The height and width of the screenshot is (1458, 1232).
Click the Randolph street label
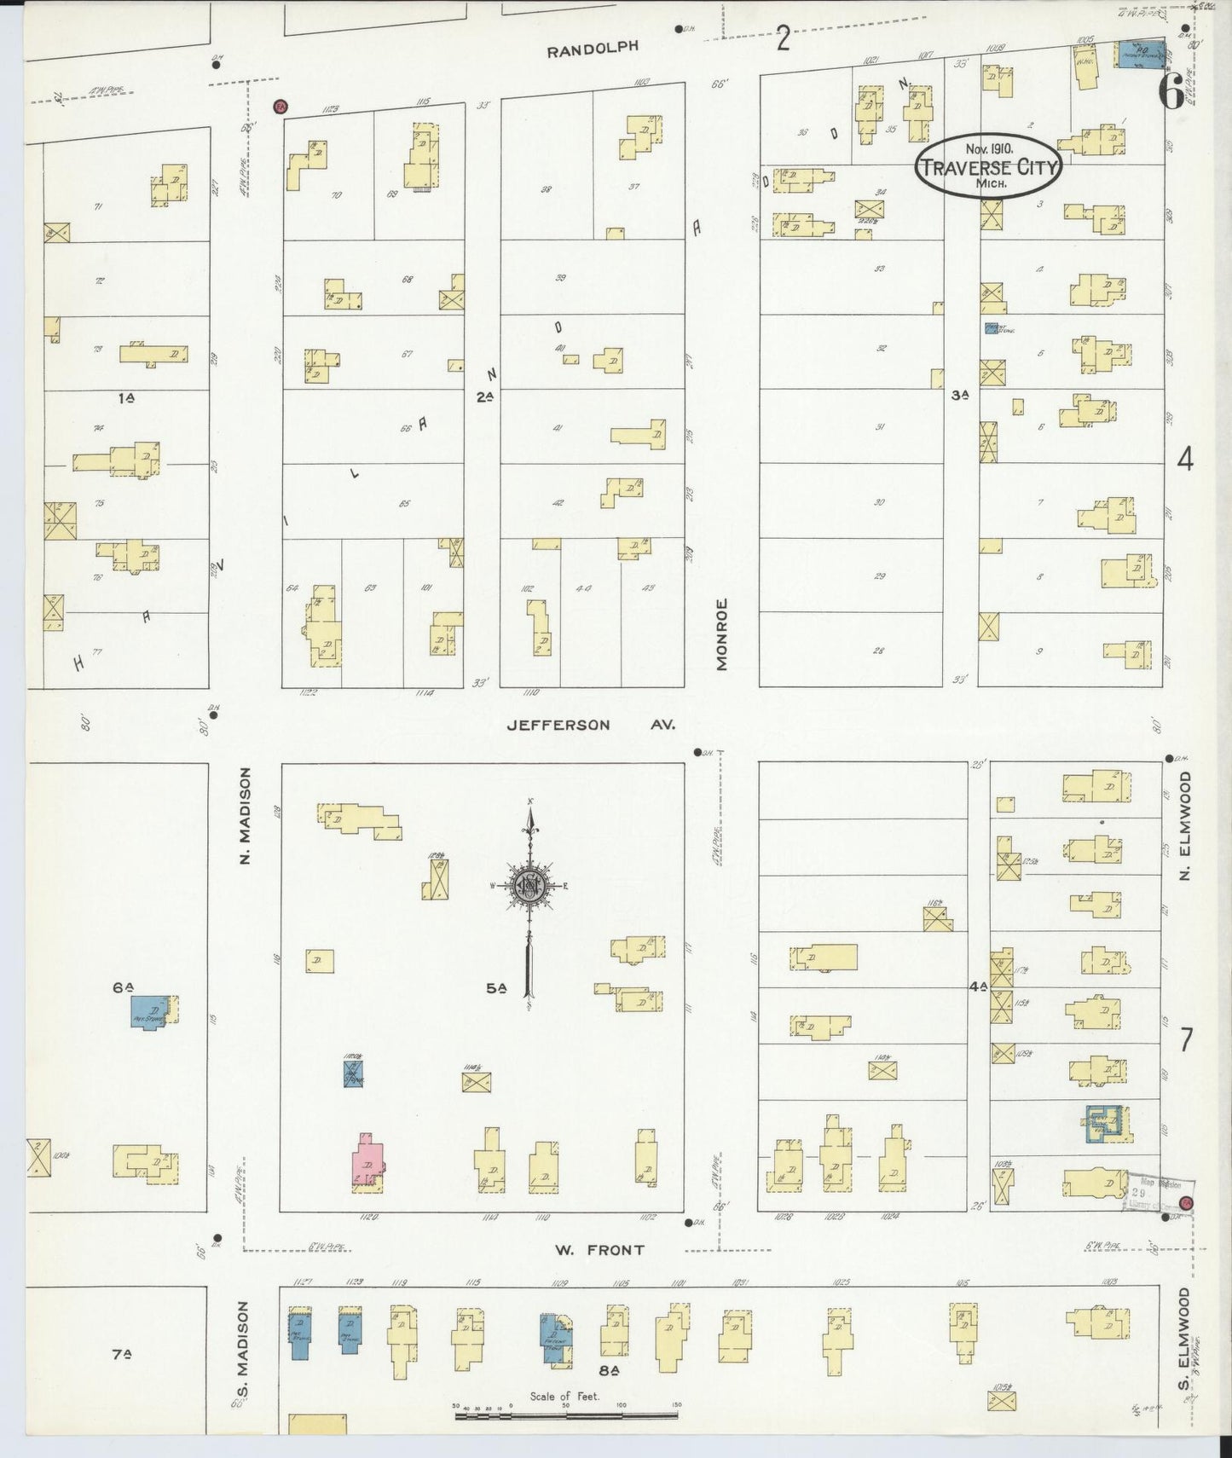592,49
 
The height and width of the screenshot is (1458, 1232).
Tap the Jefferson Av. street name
591,725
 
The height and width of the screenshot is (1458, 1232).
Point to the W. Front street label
600,1250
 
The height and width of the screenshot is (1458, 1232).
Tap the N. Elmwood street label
1186,826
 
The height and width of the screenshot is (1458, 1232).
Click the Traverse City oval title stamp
989,166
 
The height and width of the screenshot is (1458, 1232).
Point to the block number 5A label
497,989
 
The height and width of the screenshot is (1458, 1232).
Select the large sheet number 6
1171,91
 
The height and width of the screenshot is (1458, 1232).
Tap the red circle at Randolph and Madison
279,107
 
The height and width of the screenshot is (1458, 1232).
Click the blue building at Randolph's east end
1141,54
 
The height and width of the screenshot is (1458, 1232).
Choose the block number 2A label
485,396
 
